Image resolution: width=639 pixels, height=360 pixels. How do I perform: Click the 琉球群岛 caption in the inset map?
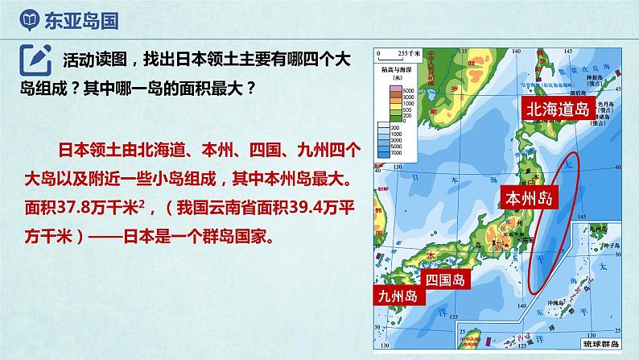click(x=595, y=343)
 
